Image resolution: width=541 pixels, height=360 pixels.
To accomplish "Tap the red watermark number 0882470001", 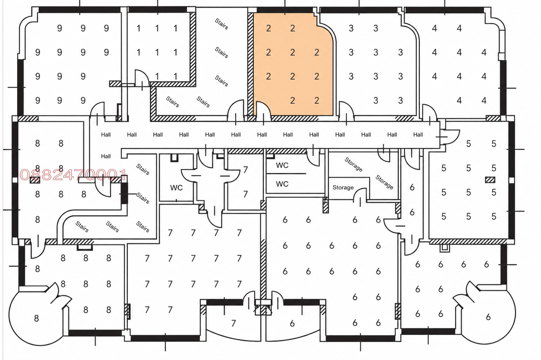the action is coord(73,175).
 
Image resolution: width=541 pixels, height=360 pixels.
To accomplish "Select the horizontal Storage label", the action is coord(343,188).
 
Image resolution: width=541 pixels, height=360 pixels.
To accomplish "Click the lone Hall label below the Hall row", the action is coord(106,157).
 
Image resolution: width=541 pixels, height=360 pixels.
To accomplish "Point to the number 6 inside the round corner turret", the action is coord(488,317).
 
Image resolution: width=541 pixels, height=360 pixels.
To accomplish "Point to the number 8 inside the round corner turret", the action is coord(37,318).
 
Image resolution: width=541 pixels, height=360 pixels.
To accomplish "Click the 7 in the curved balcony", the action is coord(233,323).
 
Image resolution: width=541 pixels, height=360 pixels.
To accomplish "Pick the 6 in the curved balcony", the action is coord(292,323).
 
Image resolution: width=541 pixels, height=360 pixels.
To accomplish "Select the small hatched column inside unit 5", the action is coord(490,180).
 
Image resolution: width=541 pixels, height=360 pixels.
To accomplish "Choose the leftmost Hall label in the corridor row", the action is coord(106,135).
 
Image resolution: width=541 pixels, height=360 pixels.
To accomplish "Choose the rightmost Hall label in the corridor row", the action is coord(418,135).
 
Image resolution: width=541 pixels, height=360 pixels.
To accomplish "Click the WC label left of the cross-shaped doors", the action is coord(176,188).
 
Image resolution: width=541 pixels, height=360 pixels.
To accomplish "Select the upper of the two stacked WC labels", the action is coord(282,165).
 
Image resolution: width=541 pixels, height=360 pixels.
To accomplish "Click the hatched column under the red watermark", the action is coord(35,180).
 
